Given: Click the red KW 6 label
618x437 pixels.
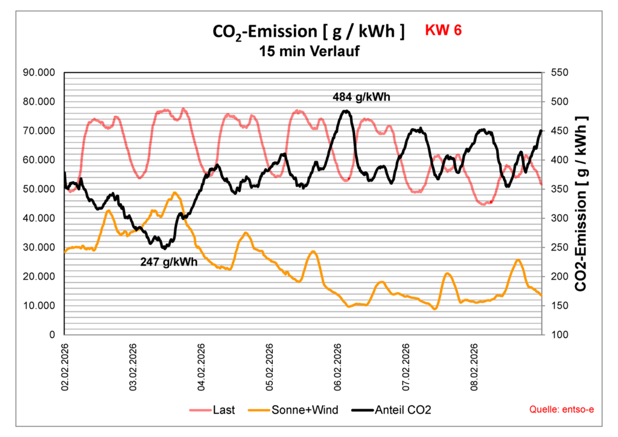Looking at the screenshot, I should click(x=444, y=30).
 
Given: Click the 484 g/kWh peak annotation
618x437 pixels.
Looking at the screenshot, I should click(x=366, y=96).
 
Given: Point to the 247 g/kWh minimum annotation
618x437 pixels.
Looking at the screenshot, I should click(x=169, y=263).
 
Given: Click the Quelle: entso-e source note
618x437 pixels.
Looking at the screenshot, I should click(x=561, y=410).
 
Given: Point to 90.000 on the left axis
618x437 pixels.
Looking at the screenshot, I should click(x=39, y=72).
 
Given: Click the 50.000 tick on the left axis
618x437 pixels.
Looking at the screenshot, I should click(x=39, y=189).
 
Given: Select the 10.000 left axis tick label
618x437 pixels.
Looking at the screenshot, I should click(x=39, y=305).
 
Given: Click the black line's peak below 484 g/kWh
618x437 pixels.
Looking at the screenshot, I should click(x=345, y=111).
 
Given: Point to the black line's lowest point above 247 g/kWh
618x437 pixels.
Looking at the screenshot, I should click(x=164, y=247).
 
